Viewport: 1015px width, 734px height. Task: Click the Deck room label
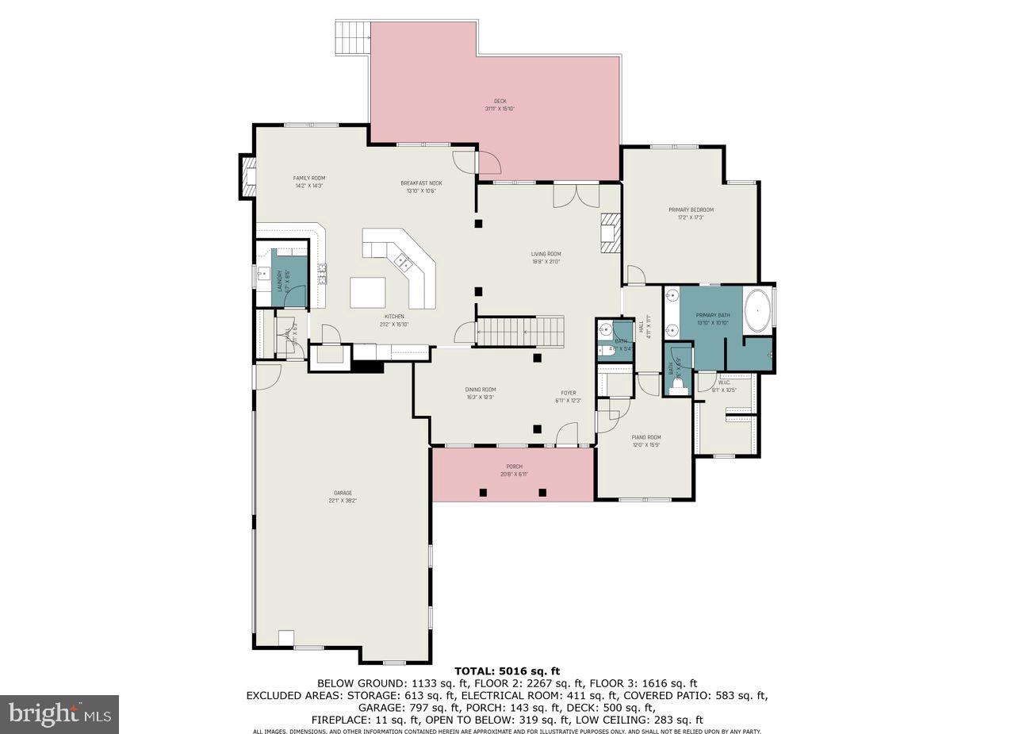tap(500, 105)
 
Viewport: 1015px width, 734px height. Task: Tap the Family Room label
tap(308, 182)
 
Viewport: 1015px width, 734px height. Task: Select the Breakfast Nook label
tap(421, 186)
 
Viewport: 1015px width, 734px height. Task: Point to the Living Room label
tap(546, 257)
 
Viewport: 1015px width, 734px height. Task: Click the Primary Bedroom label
tap(691, 213)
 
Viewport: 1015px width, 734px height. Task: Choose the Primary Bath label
tap(712, 318)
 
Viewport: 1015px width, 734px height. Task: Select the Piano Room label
tap(645, 440)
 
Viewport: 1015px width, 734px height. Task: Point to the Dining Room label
tap(481, 393)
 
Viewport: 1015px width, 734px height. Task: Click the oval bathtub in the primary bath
tap(757, 310)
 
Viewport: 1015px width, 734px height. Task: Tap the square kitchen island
tap(368, 292)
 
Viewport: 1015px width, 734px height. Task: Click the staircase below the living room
tap(519, 331)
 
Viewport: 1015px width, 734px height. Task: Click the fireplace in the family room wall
tap(247, 176)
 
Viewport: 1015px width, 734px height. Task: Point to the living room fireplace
tap(610, 233)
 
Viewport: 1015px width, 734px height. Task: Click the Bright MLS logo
tap(59, 714)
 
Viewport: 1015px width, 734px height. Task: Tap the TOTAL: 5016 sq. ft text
tap(507, 671)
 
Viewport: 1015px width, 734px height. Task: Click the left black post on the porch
tap(482, 492)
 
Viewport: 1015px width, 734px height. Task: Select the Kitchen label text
tap(394, 320)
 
